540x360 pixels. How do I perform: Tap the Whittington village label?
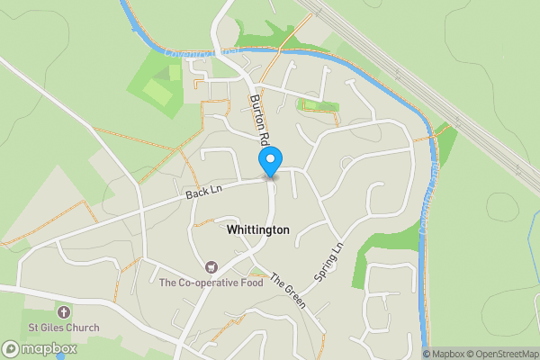[258, 230]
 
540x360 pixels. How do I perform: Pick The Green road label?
[287, 289]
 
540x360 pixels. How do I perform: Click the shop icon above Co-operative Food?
[211, 267]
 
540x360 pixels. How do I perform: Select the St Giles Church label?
[62, 327]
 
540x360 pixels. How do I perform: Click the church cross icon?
[62, 310]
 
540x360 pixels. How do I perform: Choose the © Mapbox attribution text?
[447, 353]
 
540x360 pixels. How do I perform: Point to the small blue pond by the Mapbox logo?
[61, 356]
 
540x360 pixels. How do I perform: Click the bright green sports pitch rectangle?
[156, 92]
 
